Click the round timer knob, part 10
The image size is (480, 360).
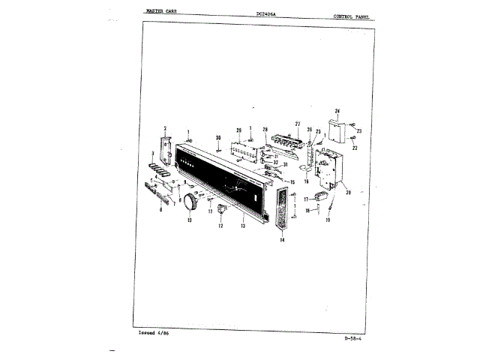(x=192, y=202)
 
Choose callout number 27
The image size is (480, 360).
(x=298, y=123)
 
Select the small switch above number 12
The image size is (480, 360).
(x=222, y=209)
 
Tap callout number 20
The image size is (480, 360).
(x=348, y=193)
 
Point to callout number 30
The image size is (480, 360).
(x=217, y=138)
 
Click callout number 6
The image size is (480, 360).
(x=160, y=211)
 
